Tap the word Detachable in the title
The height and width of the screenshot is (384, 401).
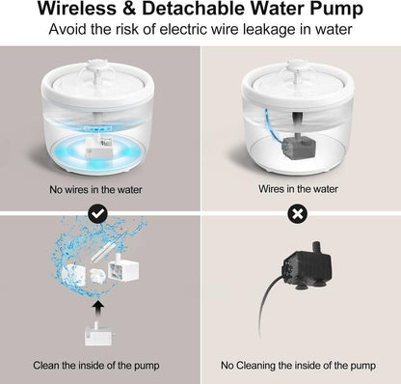206,12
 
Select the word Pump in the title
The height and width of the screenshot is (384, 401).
334,12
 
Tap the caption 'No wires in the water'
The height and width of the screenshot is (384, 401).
100,191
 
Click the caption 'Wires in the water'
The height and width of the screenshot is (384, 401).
301,191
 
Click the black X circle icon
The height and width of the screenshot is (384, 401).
301,212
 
